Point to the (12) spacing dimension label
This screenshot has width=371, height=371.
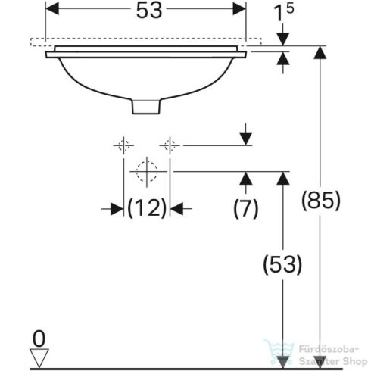coord(146,207)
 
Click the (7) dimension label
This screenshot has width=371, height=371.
coord(245,207)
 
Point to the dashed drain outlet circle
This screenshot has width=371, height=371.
coord(146,172)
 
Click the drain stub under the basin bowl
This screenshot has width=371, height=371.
coord(146,107)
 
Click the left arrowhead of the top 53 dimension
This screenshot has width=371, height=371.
coord(51,8)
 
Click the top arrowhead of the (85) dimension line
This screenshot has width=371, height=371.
coord(322,52)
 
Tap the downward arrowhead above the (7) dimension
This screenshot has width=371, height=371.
coord(245,137)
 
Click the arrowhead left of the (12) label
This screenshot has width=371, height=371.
coord(117,207)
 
